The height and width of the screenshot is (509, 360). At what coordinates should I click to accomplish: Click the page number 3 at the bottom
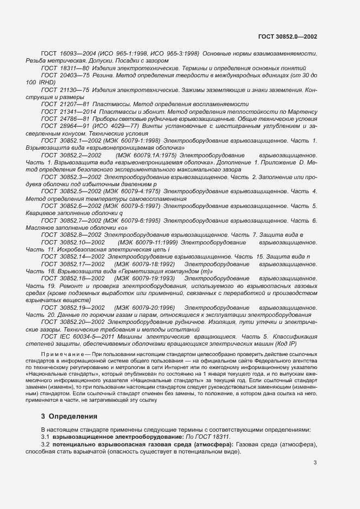point(315,463)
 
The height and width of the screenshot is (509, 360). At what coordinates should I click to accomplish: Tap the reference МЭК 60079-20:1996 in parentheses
point(145,308)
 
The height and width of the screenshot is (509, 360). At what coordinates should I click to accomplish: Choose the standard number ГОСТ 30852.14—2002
point(69,256)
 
